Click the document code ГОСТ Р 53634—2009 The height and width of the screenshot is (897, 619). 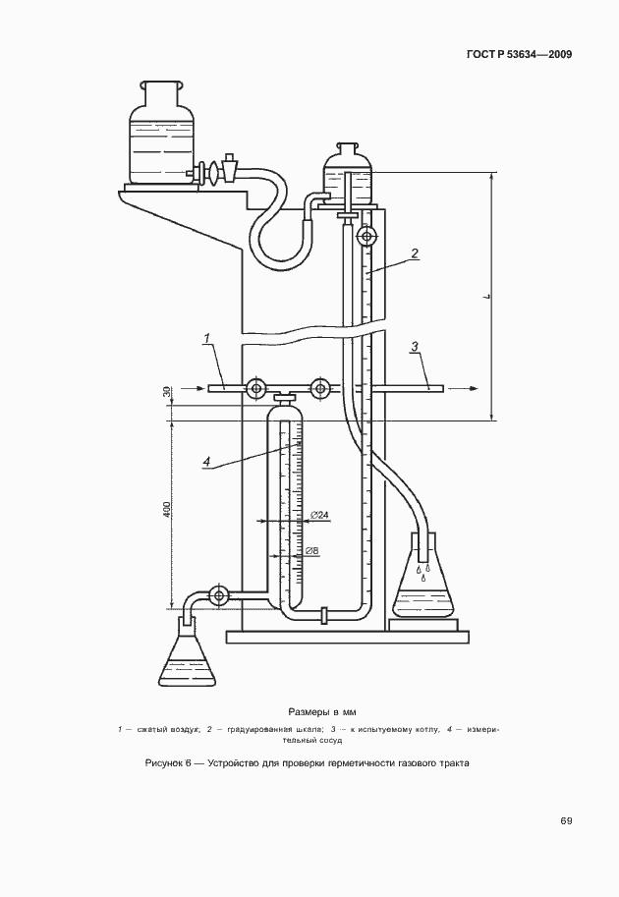coord(520,55)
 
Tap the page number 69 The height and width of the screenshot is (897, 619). coord(566,821)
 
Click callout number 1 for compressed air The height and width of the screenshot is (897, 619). coord(207,339)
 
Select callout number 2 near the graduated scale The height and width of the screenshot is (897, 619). coord(415,252)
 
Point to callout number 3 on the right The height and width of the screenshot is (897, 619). coord(415,346)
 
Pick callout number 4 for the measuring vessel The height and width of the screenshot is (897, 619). coord(207,462)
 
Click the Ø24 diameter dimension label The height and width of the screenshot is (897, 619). coord(319,516)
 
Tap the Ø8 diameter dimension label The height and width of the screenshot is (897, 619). coord(311,551)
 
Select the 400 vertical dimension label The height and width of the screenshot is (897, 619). coord(166,510)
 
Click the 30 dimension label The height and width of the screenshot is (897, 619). coord(166,392)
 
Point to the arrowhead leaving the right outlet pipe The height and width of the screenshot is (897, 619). coord(473,388)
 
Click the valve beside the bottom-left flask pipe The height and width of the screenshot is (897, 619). coord(218,595)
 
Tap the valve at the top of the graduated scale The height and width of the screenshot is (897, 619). coord(365,235)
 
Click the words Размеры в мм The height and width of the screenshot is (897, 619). coord(322,712)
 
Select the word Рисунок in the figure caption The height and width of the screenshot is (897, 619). coord(164,762)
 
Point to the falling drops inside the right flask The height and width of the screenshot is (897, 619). coord(423,572)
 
